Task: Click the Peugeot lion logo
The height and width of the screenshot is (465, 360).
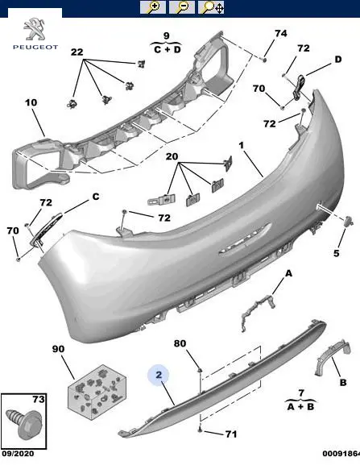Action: click(34, 29)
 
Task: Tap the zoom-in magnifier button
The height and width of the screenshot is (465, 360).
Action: click(152, 7)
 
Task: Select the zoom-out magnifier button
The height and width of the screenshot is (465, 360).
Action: click(182, 7)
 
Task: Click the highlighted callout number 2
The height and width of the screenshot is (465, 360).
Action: click(159, 375)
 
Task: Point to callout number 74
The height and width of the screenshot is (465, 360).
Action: click(280, 33)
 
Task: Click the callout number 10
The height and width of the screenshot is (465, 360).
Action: click(31, 102)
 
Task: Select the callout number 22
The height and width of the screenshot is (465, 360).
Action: click(77, 52)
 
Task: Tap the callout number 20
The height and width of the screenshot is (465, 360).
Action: click(172, 156)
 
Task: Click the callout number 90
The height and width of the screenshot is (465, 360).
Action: click(58, 349)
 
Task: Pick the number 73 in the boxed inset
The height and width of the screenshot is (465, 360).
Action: click(39, 400)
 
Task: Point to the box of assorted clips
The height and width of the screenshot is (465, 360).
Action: click(97, 392)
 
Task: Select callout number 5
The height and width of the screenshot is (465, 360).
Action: click(337, 253)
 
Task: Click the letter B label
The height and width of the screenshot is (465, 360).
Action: click(343, 382)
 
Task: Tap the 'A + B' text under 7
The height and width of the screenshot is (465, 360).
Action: click(300, 406)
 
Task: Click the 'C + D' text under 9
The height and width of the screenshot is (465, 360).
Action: click(168, 49)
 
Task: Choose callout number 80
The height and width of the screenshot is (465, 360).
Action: click(180, 343)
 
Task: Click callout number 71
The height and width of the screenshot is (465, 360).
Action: click(231, 434)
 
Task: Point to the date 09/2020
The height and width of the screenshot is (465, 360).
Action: click(18, 454)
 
